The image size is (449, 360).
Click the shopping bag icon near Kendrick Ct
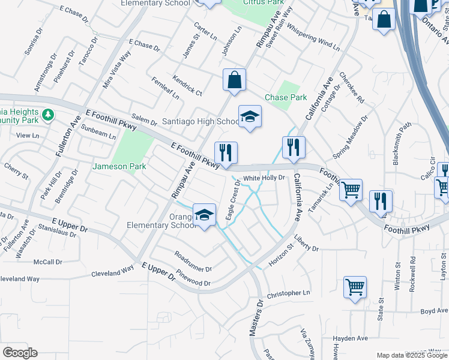point(234,80)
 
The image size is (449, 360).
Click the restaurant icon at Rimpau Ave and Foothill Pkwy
point(226,152)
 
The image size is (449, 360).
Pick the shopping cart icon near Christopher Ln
point(355,286)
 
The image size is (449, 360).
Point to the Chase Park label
point(286,97)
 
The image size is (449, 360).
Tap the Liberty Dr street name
point(306,248)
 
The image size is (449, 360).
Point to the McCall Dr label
point(48,262)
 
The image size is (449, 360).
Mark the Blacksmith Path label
point(402,143)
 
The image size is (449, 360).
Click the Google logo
point(20,353)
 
